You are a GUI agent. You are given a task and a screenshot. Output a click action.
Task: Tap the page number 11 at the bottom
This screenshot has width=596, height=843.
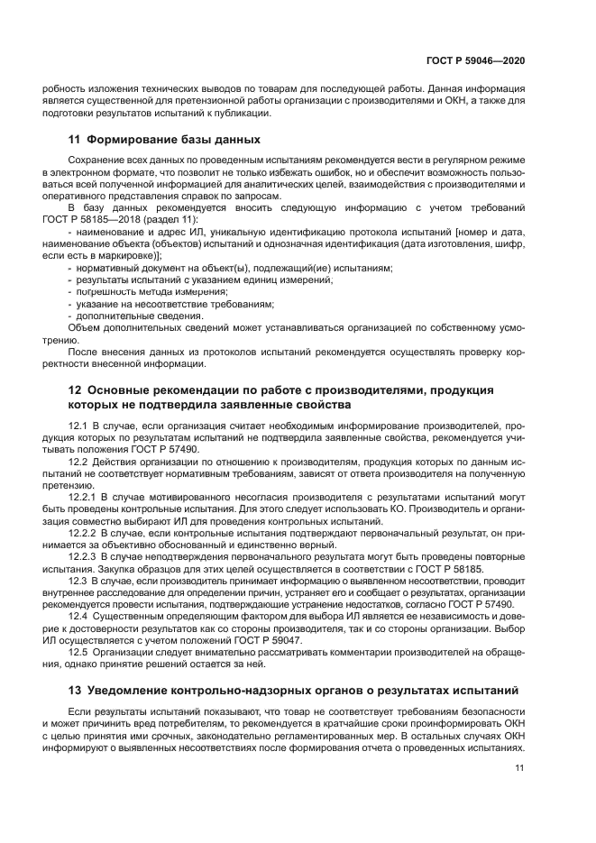pos(519,768)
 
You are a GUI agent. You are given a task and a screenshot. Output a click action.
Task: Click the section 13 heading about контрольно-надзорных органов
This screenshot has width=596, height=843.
pos(301,692)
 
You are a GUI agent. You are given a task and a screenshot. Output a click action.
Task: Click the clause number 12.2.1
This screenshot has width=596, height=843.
pos(85,495)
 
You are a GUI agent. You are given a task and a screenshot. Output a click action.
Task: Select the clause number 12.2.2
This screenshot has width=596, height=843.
pos(85,534)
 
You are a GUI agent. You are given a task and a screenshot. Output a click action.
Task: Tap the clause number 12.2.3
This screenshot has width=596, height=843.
pos(85,558)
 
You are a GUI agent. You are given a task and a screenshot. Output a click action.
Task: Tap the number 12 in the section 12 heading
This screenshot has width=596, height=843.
pos(76,390)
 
